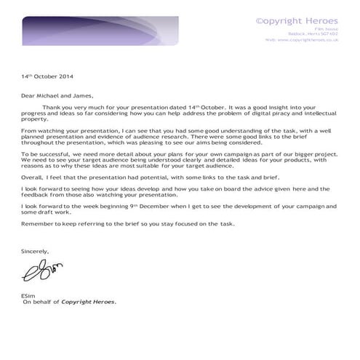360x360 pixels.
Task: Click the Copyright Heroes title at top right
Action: (297, 21)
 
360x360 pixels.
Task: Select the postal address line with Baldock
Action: (312, 34)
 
